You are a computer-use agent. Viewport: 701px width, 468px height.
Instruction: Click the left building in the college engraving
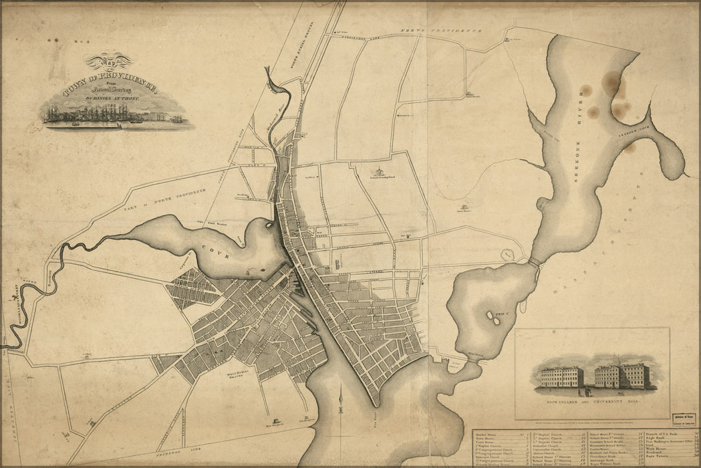[561, 376]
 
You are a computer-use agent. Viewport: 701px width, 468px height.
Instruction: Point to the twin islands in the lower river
[496, 320]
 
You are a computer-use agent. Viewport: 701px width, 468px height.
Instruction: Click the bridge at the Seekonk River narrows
[534, 263]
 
